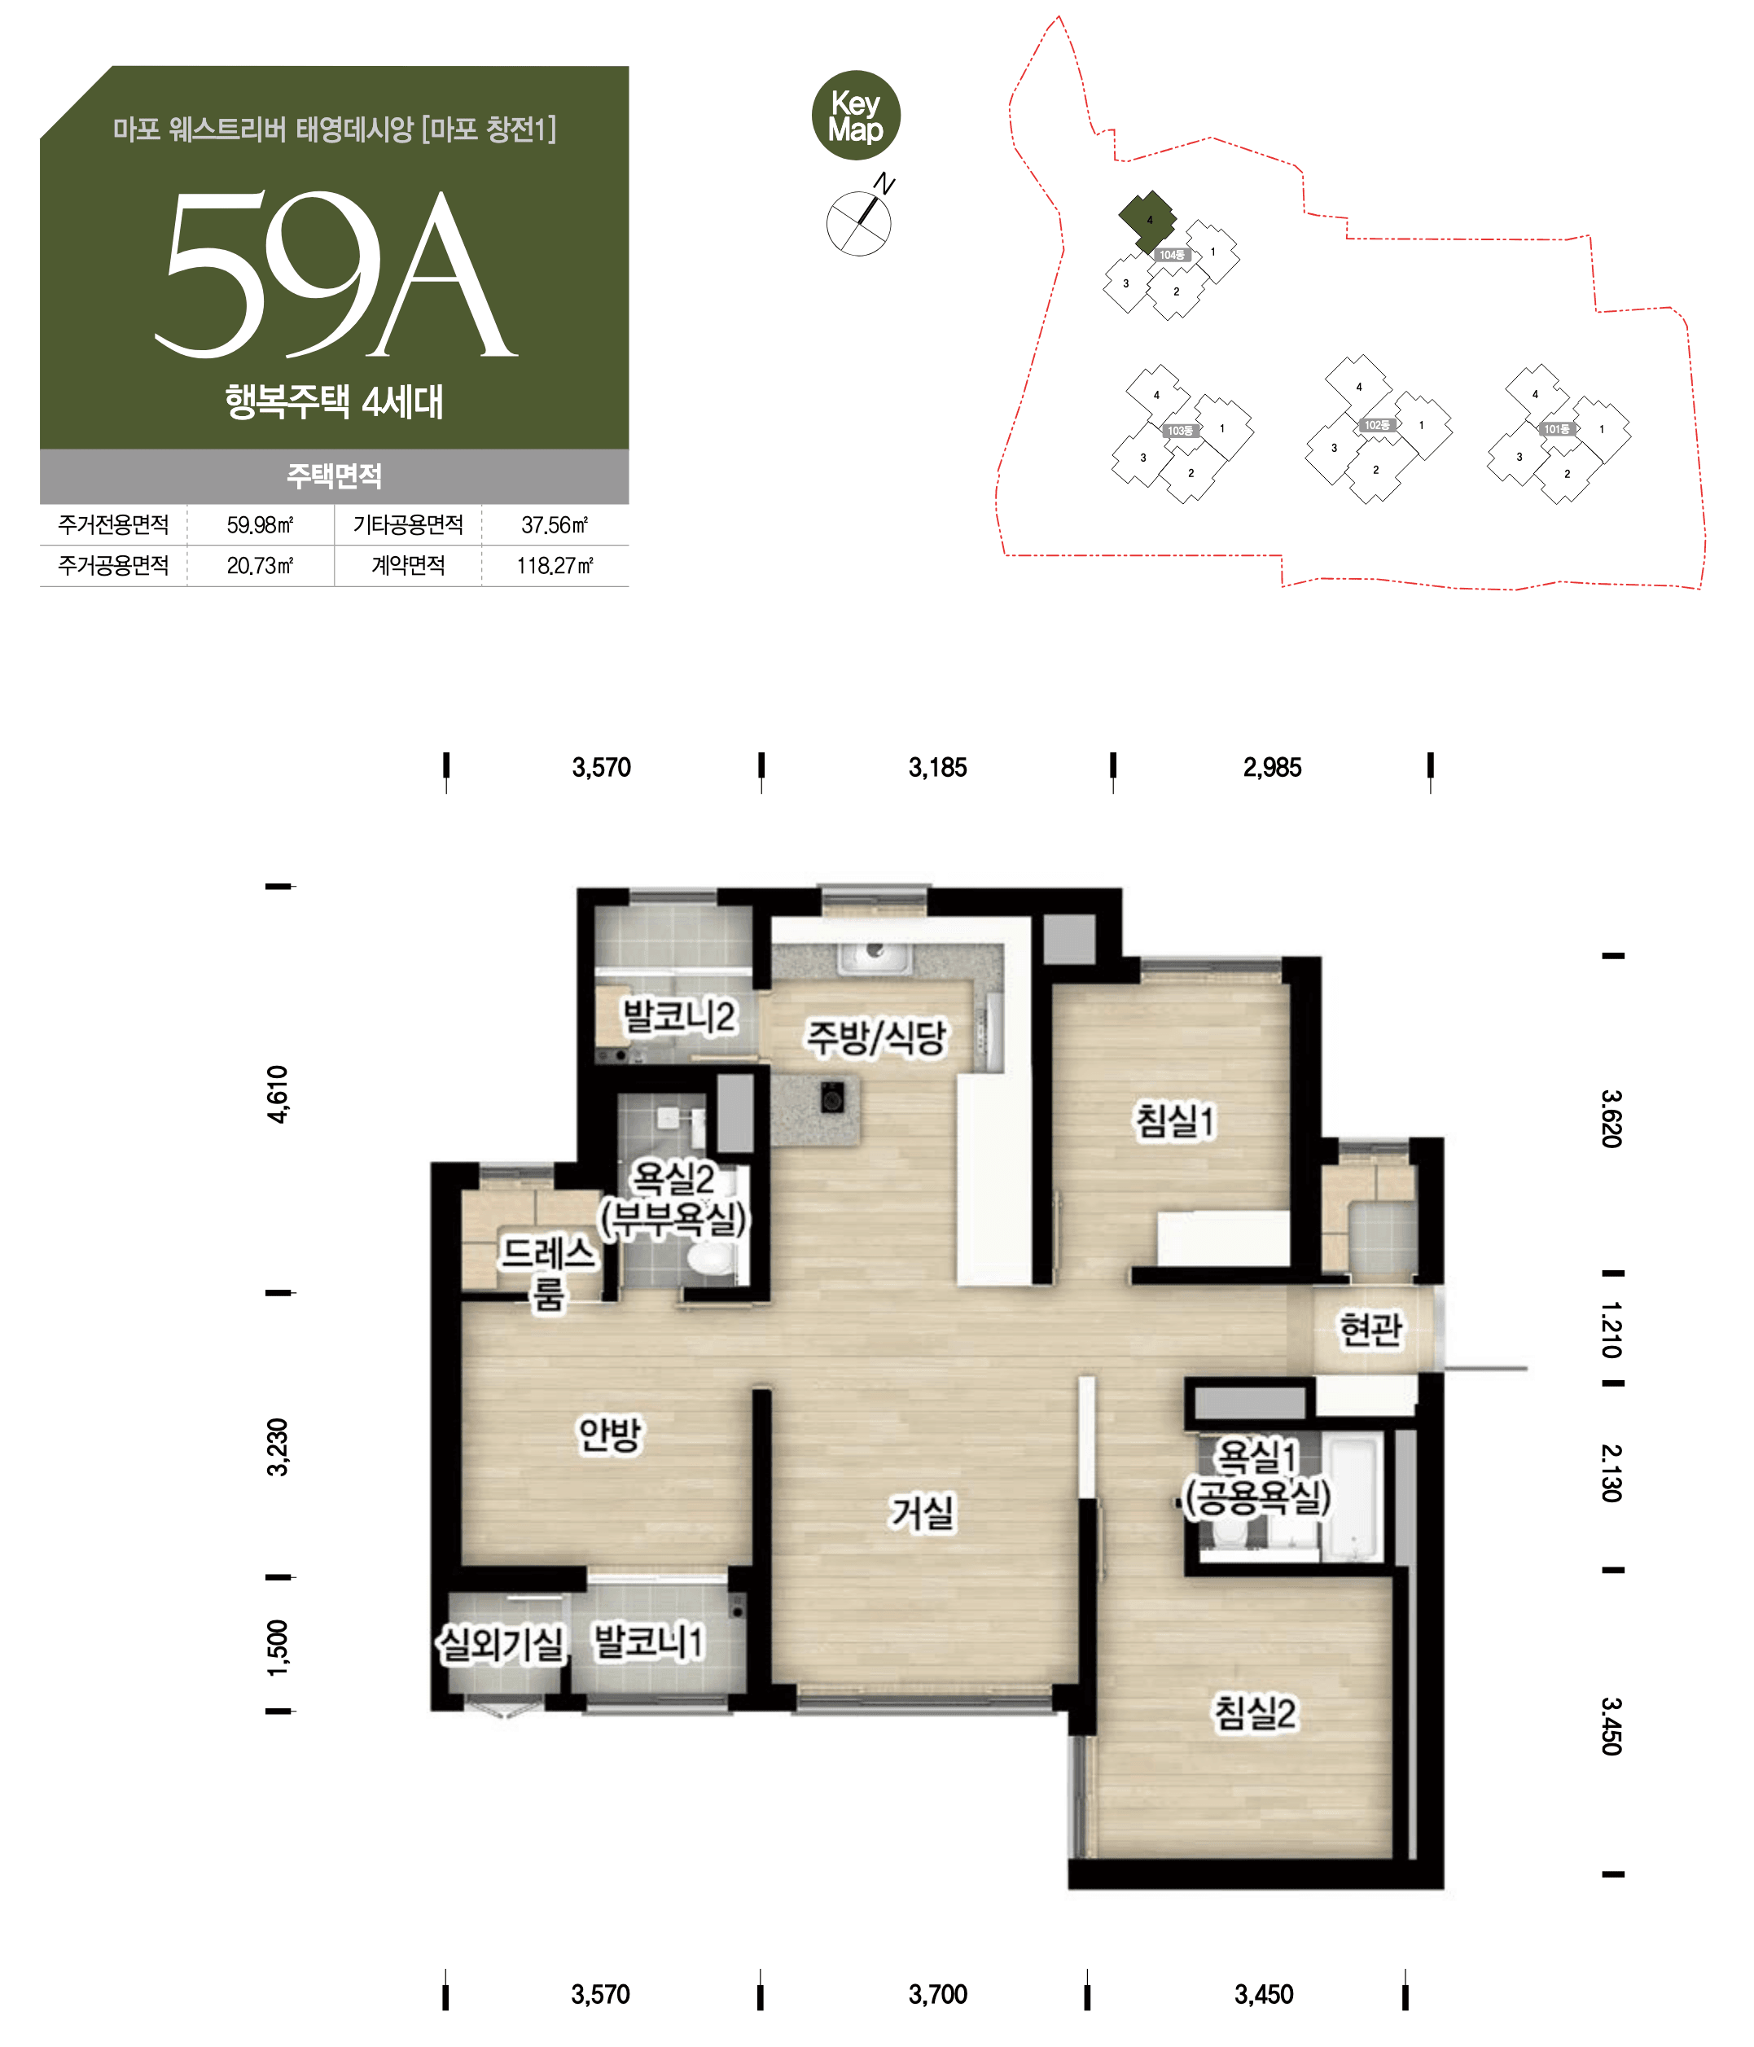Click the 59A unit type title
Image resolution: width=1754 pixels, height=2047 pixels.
(336, 273)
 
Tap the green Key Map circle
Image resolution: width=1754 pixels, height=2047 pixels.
(856, 116)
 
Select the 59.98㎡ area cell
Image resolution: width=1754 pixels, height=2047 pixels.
(260, 524)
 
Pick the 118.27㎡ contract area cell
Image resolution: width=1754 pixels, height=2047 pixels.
(555, 566)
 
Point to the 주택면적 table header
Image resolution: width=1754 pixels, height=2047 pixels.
(334, 476)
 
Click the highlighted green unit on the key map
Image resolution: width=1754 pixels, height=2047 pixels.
(1147, 221)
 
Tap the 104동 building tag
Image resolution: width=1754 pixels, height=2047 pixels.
(1171, 255)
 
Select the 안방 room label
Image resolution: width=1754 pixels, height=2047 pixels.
(610, 1435)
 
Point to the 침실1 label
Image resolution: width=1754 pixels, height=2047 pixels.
(1175, 1120)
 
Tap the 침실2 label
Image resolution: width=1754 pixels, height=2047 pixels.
(1255, 1712)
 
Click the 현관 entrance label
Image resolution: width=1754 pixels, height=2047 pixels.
(1370, 1329)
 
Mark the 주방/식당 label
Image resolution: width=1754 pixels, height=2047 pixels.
(876, 1037)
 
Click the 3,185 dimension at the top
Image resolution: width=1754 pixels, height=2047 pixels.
(938, 768)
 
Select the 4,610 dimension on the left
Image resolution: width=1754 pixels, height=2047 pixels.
(278, 1094)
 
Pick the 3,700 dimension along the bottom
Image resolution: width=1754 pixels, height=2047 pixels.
(938, 1993)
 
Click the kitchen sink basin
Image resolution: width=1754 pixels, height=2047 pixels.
(875, 954)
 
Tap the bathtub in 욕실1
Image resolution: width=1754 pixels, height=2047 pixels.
(1354, 1500)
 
